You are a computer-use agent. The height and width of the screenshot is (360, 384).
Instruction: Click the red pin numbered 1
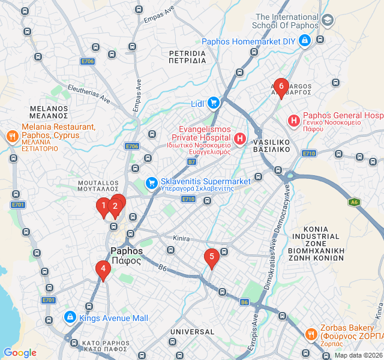tap(103, 207)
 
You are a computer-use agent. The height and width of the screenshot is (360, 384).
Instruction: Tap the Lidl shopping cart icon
tap(214, 103)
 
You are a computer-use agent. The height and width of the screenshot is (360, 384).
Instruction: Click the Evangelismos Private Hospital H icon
tap(240, 140)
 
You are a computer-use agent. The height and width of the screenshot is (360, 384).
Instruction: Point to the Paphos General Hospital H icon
tap(294, 121)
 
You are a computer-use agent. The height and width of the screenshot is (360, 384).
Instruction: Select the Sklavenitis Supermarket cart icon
tap(152, 182)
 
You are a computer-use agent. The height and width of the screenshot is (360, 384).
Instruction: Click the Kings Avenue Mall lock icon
tap(70, 317)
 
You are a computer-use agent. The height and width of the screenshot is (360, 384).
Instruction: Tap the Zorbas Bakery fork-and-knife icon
tap(311, 334)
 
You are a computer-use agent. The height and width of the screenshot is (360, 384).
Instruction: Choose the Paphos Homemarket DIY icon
tap(305, 41)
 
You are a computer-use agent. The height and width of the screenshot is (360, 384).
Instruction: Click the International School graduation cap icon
tap(328, 21)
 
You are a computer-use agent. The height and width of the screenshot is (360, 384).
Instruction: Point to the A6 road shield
tap(355, 202)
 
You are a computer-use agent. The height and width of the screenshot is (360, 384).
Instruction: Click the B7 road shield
tap(191, 162)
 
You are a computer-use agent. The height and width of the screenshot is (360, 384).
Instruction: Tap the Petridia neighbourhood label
tap(187, 57)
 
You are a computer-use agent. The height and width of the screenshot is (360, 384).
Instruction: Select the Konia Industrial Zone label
tap(324, 243)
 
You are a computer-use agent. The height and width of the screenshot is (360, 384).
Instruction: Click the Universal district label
tap(192, 331)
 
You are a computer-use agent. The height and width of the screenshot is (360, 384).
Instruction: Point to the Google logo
tap(20, 353)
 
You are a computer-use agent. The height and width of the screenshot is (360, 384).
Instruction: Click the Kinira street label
tap(181, 239)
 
